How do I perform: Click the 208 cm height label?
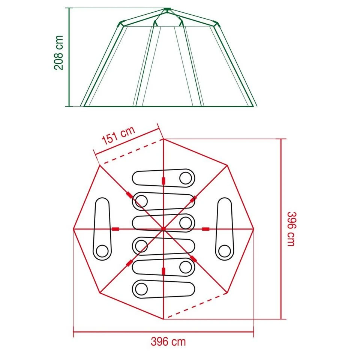(x=59, y=53)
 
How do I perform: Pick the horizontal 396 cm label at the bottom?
(x=168, y=342)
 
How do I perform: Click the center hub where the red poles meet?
(x=163, y=229)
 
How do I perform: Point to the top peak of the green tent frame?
(x=167, y=9)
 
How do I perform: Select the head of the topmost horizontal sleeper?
(x=185, y=178)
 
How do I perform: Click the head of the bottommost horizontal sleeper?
(x=141, y=289)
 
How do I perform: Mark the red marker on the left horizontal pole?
(x=115, y=229)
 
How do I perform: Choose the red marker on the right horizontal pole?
(x=206, y=229)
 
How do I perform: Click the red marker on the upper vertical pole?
(x=163, y=181)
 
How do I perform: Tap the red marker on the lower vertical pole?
(x=163, y=271)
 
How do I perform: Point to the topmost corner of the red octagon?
(x=163, y=139)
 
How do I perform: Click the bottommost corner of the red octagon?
(x=163, y=319)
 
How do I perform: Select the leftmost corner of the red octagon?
(x=73, y=229)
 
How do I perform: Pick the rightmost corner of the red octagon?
(x=253, y=229)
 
